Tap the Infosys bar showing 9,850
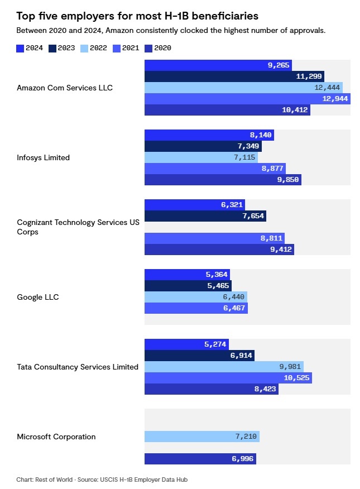point(223,180)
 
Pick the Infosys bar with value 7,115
point(201,157)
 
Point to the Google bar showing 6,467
point(196,308)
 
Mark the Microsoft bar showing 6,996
point(200,459)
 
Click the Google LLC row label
point(38,297)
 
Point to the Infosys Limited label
point(44,157)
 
